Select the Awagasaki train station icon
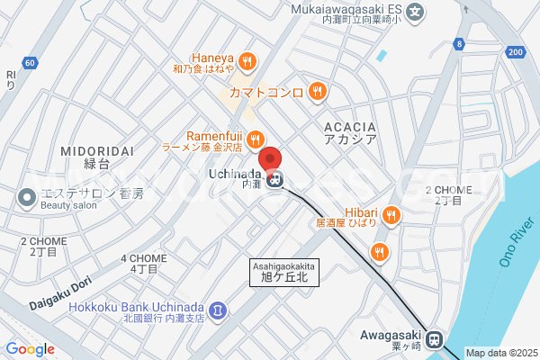435,339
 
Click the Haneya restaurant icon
247,63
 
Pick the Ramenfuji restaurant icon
256,139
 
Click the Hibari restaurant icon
390,214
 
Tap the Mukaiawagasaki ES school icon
414,13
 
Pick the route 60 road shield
31,63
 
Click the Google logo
31,349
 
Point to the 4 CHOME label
143,263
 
